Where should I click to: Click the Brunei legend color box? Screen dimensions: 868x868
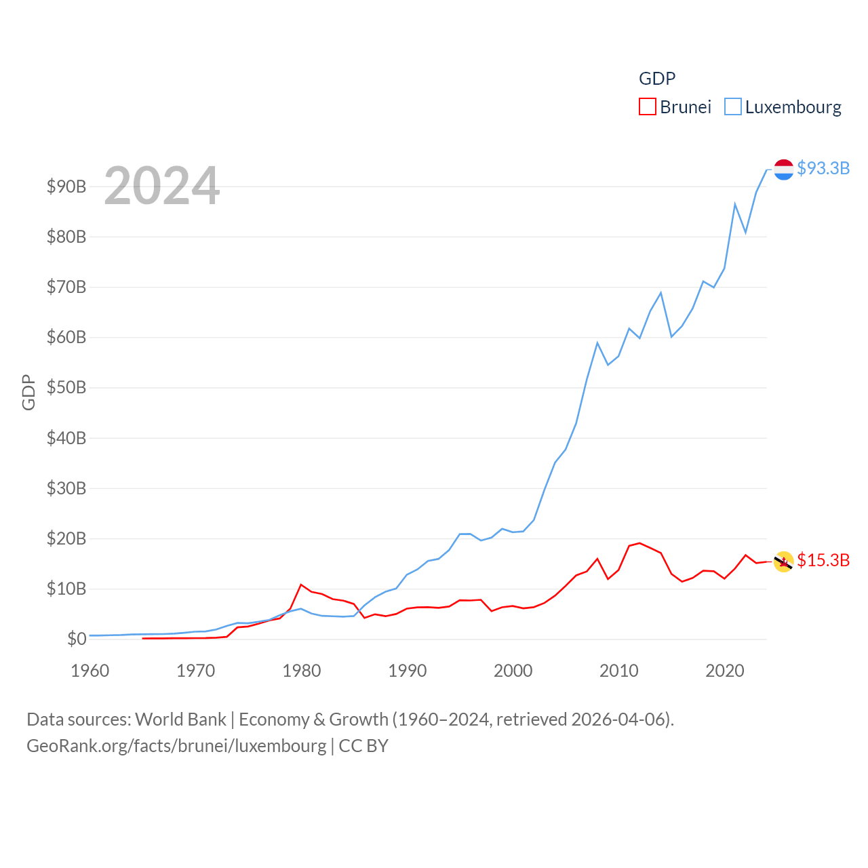click(x=648, y=107)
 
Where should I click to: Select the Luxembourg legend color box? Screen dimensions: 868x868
click(x=733, y=107)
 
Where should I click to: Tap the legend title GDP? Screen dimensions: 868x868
click(x=657, y=79)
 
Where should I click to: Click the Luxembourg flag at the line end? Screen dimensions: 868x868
click(x=783, y=170)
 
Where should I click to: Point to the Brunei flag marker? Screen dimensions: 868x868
click(x=783, y=561)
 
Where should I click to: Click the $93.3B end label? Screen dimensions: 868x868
click(x=823, y=168)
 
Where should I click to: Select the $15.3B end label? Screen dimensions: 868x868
click(x=823, y=560)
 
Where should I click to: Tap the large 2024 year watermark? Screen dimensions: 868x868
click(x=161, y=185)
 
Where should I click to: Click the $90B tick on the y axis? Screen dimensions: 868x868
click(x=66, y=186)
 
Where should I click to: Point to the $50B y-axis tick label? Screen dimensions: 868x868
click(x=66, y=388)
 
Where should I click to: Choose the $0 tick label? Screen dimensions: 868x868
click(x=77, y=639)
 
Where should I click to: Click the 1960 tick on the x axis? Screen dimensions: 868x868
click(x=90, y=671)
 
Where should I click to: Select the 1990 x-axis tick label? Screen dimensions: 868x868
click(x=408, y=671)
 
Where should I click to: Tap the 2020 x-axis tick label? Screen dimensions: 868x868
click(x=725, y=671)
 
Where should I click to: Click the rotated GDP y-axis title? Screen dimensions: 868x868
click(x=28, y=392)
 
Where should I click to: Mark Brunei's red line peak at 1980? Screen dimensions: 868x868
click(x=301, y=585)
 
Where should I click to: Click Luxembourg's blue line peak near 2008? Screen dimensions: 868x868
click(x=597, y=343)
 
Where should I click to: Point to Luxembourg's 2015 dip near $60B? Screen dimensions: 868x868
click(x=671, y=336)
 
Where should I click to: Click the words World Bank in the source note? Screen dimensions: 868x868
click(x=180, y=719)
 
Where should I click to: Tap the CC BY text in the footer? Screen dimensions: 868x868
click(x=363, y=746)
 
